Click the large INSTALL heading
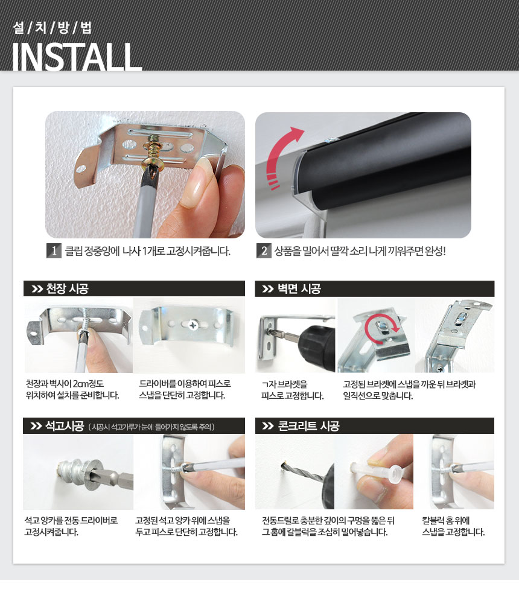coord(77,57)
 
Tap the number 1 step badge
coord(54,250)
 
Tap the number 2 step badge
coord(264,250)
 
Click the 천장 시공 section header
coord(67,289)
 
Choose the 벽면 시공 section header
coord(299,289)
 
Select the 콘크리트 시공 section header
coord(308,426)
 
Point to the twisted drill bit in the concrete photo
coord(302,472)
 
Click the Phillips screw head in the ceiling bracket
coord(193,324)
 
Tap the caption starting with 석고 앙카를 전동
coord(71,526)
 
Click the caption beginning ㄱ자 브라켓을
coord(293,390)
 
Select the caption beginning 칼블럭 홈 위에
coord(453,526)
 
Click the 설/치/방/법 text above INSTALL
coord(52,28)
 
